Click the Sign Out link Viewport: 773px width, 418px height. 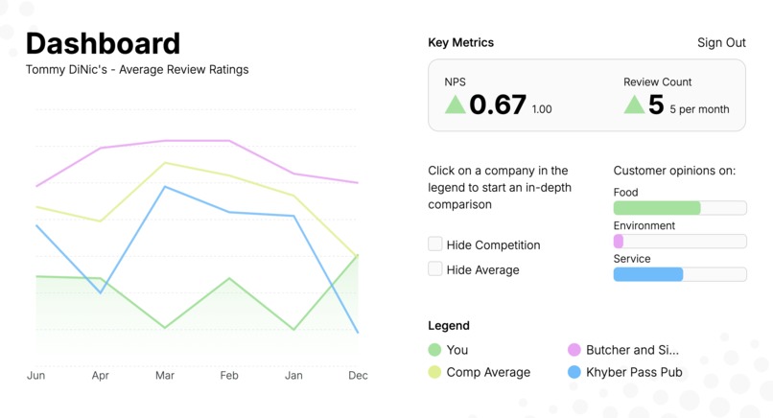[x=721, y=43]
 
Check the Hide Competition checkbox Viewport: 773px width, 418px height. [x=435, y=244]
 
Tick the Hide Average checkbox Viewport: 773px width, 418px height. [x=435, y=269]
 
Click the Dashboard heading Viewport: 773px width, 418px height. [x=103, y=43]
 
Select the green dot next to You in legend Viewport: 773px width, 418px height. [x=435, y=350]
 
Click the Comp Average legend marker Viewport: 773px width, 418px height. [x=435, y=372]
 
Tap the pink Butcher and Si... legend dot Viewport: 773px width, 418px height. [x=574, y=350]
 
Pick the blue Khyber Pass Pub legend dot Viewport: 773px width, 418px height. [x=574, y=372]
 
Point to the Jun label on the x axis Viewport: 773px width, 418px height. [x=35, y=376]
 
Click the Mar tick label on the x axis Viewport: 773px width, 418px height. [x=165, y=376]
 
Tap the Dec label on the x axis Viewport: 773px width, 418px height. [x=358, y=376]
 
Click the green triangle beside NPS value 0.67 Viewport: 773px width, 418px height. [x=455, y=104]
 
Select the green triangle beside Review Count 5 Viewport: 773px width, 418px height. [x=634, y=104]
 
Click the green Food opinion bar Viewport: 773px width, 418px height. [x=657, y=208]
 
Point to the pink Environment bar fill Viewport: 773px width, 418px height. [x=619, y=242]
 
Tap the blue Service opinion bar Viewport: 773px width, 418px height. [x=648, y=274]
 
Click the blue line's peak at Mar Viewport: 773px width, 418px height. [x=165, y=187]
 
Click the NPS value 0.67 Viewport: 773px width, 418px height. [x=498, y=104]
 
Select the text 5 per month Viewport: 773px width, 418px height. [x=699, y=109]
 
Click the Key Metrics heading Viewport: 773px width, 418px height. [x=461, y=43]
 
